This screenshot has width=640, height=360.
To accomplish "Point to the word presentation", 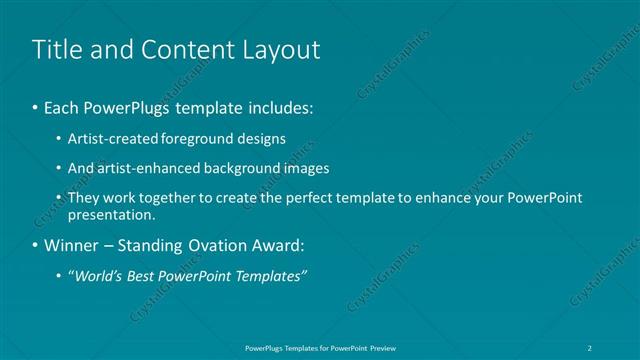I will click(x=111, y=214).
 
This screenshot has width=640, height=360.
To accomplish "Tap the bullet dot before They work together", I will click(x=61, y=198).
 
